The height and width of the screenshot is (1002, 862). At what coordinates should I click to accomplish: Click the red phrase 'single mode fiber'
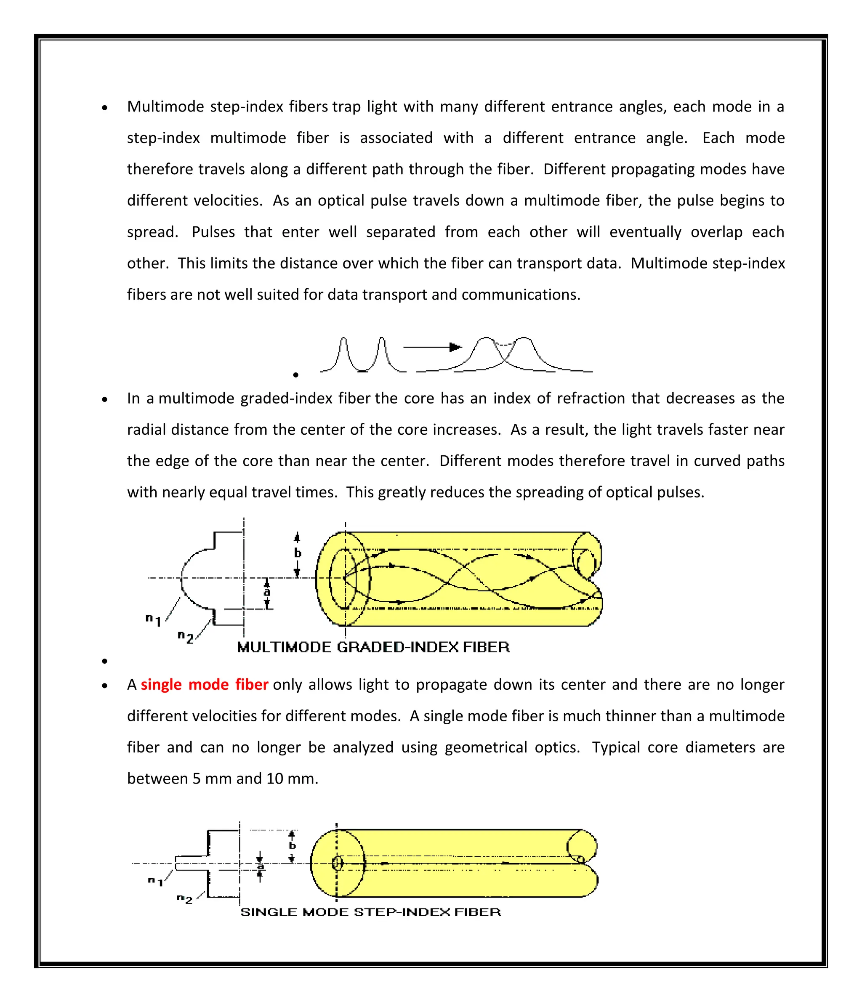point(204,685)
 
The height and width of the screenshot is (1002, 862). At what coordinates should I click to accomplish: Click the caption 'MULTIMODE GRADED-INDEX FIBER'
point(373,648)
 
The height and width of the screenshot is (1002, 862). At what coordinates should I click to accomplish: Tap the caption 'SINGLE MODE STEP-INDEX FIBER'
point(370,912)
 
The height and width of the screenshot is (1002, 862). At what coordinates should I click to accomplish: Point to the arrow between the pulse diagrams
point(432,347)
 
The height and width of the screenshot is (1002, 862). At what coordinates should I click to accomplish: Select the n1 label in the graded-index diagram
point(153,619)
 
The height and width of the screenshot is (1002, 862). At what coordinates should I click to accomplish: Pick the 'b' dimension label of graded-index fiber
point(298,553)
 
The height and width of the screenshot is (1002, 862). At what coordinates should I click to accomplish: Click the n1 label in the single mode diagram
point(155,881)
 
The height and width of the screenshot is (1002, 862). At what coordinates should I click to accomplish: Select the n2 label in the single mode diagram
point(184,899)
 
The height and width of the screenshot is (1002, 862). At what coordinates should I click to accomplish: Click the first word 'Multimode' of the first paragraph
point(165,106)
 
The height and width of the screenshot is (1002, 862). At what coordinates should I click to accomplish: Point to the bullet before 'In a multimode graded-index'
point(104,399)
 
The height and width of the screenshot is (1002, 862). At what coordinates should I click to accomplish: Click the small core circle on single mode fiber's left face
point(337,863)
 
